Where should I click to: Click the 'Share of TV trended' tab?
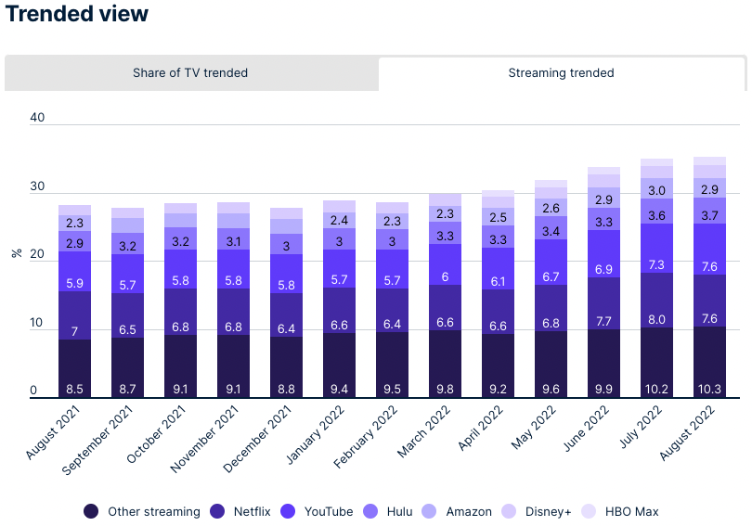coord(190,73)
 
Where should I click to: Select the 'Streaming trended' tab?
coord(561,73)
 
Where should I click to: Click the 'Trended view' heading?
coord(76,14)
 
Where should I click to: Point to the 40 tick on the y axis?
coord(37,118)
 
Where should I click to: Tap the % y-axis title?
coord(16,251)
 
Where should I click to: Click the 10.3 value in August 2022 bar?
coord(710,390)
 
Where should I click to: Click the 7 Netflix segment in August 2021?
coord(73,331)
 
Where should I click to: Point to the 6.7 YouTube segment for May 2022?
coord(551,277)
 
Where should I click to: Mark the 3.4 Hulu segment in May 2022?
coord(551,231)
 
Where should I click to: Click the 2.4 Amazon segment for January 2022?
coord(339,220)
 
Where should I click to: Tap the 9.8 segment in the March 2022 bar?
coord(445,390)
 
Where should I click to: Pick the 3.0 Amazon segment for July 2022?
coord(657,190)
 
